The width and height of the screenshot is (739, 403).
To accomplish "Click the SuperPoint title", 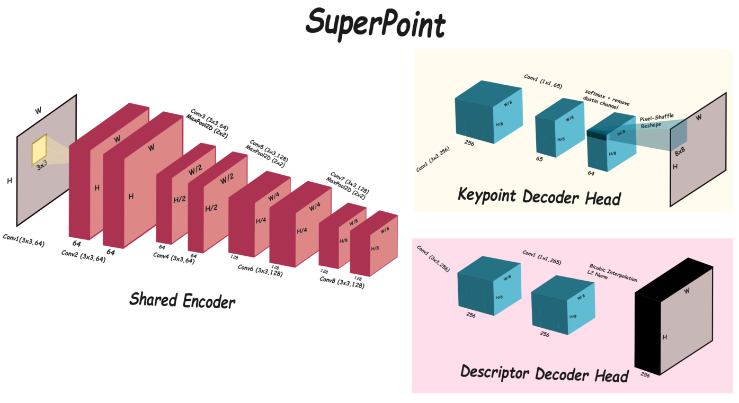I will pos(375,23).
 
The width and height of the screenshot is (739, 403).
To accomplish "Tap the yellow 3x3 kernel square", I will pos(39,149).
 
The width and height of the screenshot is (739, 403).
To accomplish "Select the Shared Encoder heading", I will pos(182,300).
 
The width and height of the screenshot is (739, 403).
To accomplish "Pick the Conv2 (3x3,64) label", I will pos(83,256).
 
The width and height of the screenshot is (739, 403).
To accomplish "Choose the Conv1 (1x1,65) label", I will pos(543,80).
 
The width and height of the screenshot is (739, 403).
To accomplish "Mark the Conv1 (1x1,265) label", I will pos(541,257).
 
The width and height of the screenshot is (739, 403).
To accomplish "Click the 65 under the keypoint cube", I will pos(539,158).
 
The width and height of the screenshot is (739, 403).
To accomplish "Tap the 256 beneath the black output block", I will pos(645,375).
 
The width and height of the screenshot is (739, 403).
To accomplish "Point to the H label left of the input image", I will pos(10,181).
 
